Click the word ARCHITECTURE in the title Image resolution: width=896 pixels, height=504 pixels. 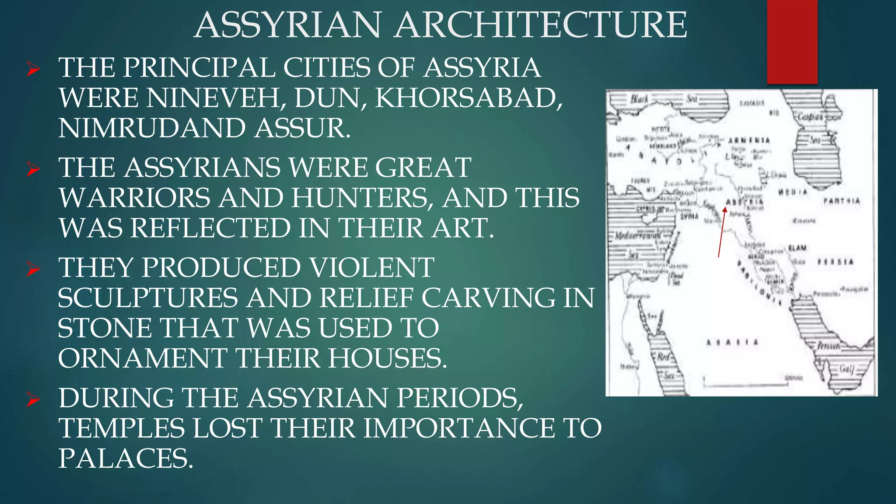(540, 25)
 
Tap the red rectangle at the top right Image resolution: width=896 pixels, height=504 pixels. (792, 42)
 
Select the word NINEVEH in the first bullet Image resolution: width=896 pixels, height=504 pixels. (216, 98)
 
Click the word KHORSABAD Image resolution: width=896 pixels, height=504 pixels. (468, 98)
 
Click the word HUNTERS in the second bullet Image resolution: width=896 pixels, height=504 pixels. (359, 198)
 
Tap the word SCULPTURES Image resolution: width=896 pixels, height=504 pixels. (148, 298)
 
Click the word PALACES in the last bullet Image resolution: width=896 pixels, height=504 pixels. (125, 458)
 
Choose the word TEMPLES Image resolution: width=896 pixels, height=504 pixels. (122, 428)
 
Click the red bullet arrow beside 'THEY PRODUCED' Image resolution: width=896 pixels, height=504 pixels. (33, 269)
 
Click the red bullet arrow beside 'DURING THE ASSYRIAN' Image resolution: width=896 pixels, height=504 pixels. (33, 399)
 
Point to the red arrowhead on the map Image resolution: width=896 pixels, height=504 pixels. (724, 210)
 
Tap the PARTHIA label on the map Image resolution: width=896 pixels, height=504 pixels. (841, 201)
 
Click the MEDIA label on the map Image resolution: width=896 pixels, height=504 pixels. (792, 192)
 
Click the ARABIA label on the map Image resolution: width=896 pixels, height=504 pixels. (732, 342)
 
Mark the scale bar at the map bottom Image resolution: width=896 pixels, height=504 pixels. (745, 385)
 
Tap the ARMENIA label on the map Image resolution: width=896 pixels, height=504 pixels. (749, 140)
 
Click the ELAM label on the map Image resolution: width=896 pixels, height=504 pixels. (797, 248)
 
